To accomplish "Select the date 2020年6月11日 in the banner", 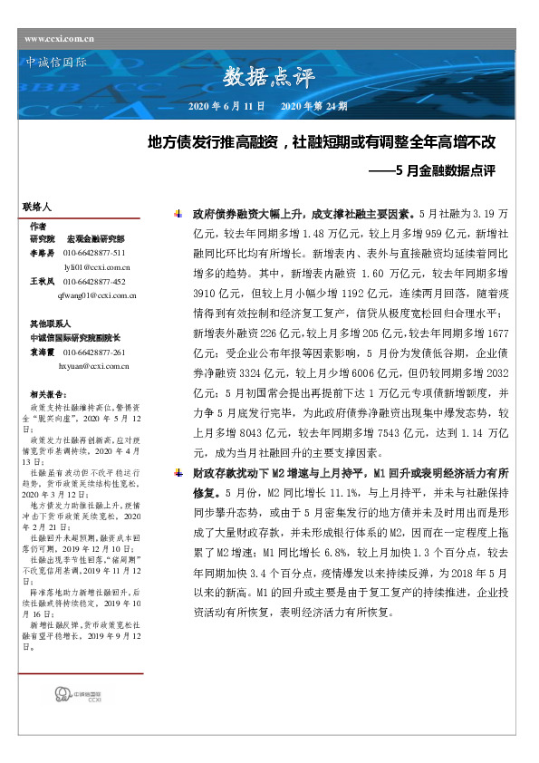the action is pos(226,107).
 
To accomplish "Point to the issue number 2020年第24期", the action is pos(313,107).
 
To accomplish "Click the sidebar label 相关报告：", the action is pos(48,394).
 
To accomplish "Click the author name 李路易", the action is pos(42,253).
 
